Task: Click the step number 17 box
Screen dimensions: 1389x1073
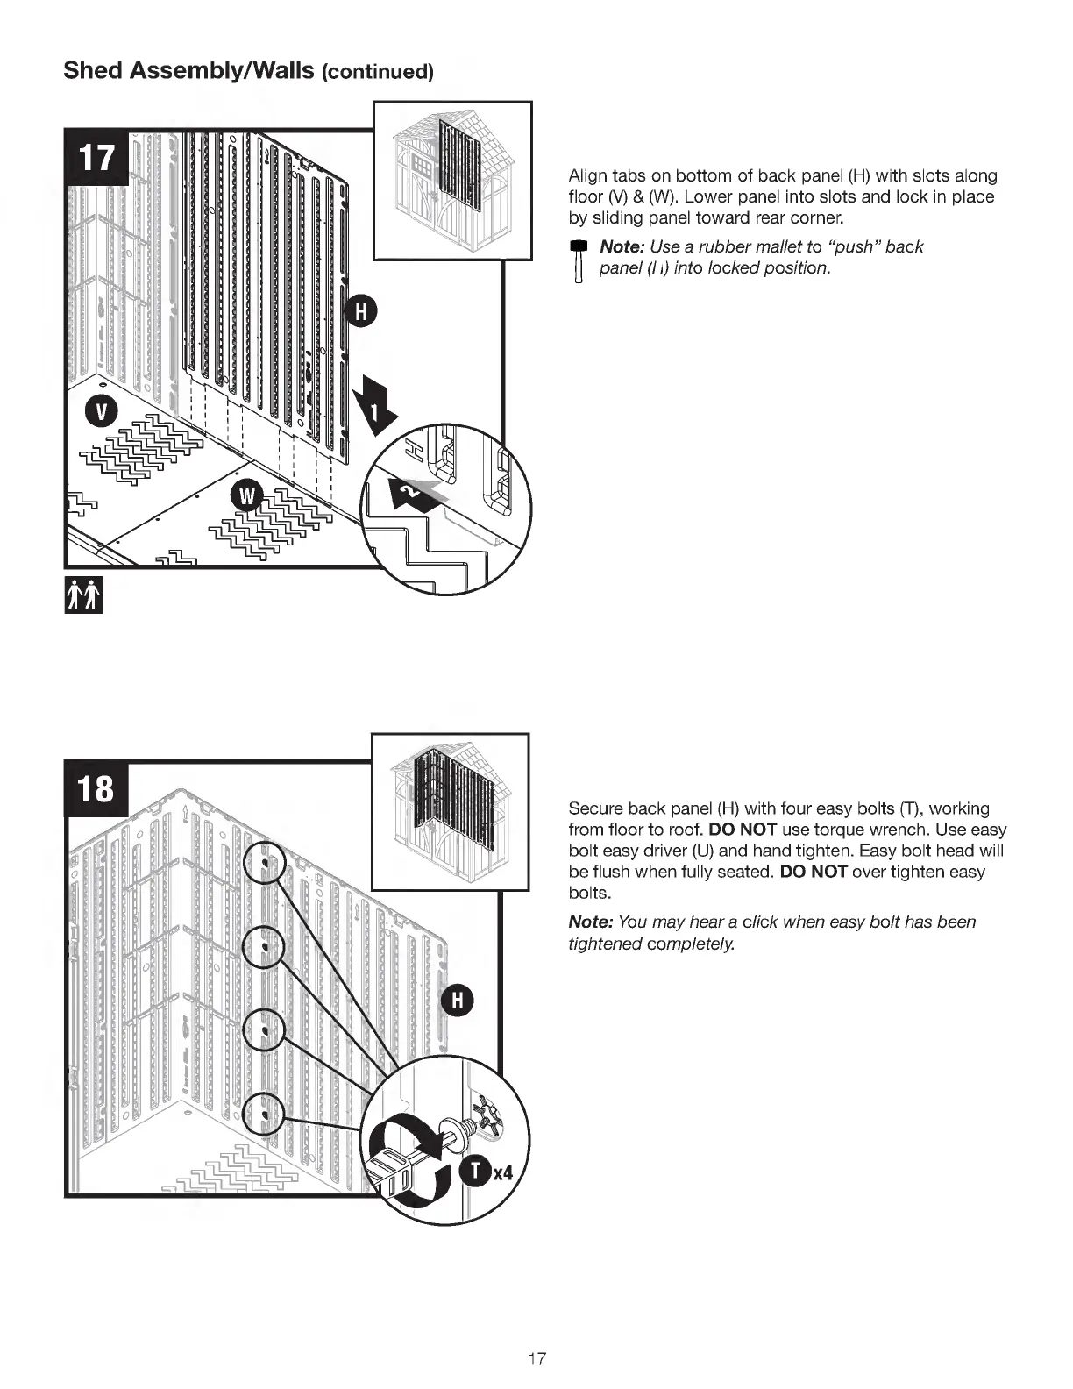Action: pos(97,158)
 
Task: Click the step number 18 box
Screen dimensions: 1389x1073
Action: pos(97,787)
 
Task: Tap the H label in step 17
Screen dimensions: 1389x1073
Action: pos(361,311)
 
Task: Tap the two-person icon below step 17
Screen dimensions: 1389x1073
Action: pos(84,595)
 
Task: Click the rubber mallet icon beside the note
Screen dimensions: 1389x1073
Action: pos(577,260)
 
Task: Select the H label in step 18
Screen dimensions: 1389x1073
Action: pos(457,1001)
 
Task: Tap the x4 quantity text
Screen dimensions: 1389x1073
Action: pos(502,1172)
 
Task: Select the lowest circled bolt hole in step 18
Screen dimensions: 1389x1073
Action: pos(265,1115)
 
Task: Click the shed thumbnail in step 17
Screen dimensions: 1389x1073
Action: pos(452,181)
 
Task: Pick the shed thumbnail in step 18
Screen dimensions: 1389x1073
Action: pos(451,811)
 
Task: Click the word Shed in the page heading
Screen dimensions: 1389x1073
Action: pos(92,70)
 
